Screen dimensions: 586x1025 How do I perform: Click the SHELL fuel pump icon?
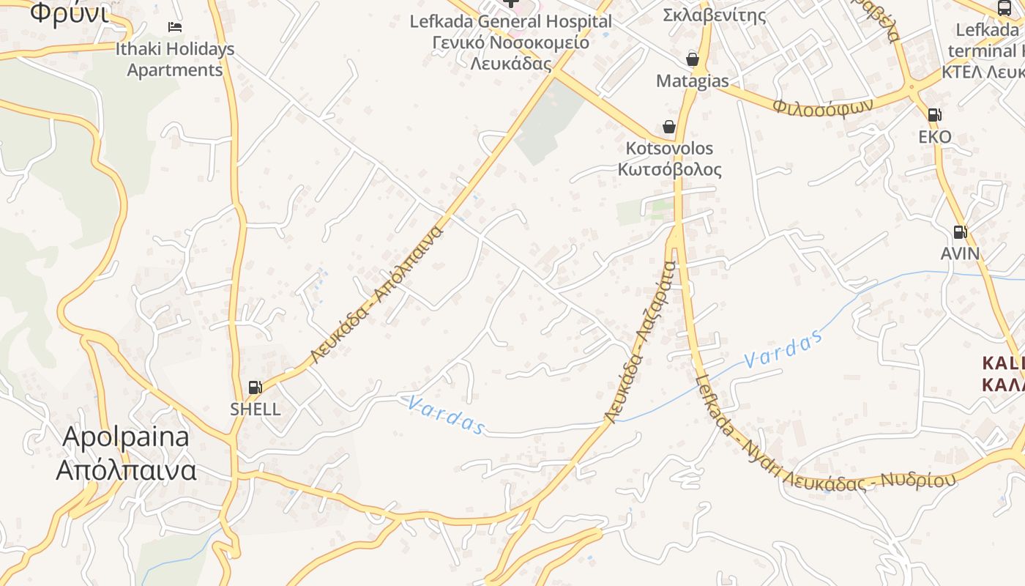pos(255,387)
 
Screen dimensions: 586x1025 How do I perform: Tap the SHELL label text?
pos(255,409)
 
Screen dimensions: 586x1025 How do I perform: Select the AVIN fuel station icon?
pos(960,232)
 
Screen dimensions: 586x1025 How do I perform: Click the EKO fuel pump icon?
pos(934,114)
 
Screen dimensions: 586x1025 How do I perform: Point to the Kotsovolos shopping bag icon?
pos(668,127)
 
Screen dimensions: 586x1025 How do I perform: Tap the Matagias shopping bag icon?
pos(692,59)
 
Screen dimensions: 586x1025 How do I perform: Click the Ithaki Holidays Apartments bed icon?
pos(175,27)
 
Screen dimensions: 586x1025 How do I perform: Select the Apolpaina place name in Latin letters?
pos(126,437)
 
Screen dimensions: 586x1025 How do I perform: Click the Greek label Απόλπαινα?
pos(126,470)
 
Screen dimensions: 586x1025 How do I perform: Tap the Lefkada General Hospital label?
pos(510,21)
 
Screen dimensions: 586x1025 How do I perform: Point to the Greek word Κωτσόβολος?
pos(669,170)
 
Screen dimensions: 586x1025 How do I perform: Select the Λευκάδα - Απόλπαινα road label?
pos(378,295)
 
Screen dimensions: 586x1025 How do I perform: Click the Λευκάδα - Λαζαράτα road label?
pos(639,342)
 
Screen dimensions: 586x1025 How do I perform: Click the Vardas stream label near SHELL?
pos(444,415)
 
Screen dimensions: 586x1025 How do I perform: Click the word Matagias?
pos(692,81)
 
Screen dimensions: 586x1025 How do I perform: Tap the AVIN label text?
pos(960,253)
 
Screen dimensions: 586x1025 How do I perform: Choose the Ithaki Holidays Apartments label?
pos(175,59)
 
